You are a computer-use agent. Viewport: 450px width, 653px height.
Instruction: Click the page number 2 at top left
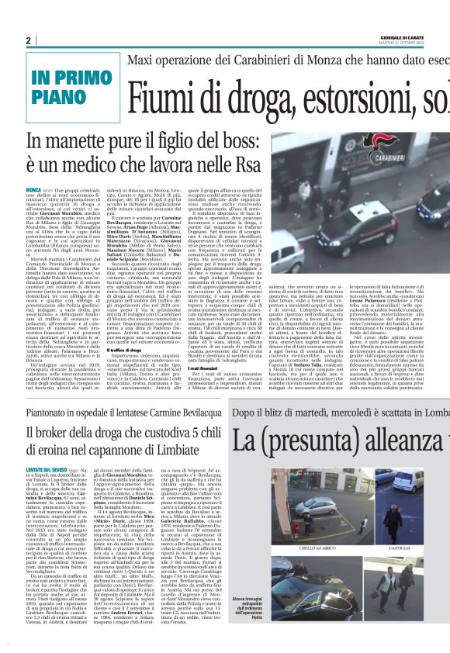tap(28, 41)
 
